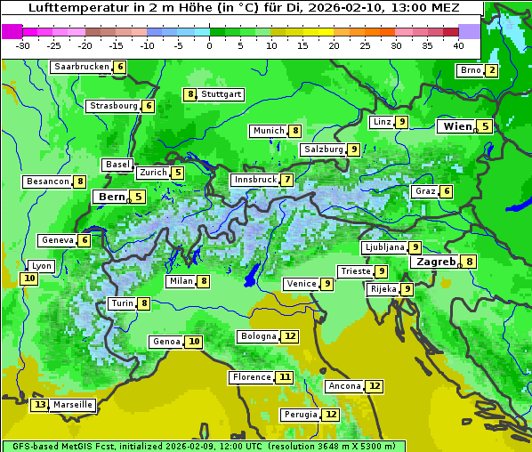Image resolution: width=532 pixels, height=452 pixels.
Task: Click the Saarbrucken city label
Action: pos(81,67)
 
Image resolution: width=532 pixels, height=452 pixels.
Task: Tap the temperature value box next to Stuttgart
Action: pos(189,94)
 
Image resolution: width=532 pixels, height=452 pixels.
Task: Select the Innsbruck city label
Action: pos(254,180)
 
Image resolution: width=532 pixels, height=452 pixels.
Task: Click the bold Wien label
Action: pos(458,126)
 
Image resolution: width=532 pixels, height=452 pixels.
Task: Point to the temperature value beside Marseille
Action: pos(39,405)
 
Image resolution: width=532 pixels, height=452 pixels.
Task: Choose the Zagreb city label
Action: pos(434,262)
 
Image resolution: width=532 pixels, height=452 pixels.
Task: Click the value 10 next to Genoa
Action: pos(193,342)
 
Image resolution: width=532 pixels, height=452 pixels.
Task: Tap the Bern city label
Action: pos(112,197)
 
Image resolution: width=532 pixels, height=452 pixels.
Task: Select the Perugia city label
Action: pos(300,415)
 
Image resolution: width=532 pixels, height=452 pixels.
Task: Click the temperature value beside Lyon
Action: pos(29,278)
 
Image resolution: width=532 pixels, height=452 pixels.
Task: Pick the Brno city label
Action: pos(469,70)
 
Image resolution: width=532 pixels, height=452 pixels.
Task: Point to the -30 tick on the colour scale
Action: pos(23,45)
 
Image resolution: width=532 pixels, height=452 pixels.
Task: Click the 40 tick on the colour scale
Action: pos(458,45)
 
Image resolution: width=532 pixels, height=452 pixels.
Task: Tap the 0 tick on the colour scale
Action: pos(210,45)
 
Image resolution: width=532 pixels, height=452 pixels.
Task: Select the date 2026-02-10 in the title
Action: pos(359,8)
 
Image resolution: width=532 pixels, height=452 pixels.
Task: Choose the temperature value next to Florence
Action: pos(284,377)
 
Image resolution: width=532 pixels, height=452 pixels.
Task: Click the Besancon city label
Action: pos(48,182)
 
